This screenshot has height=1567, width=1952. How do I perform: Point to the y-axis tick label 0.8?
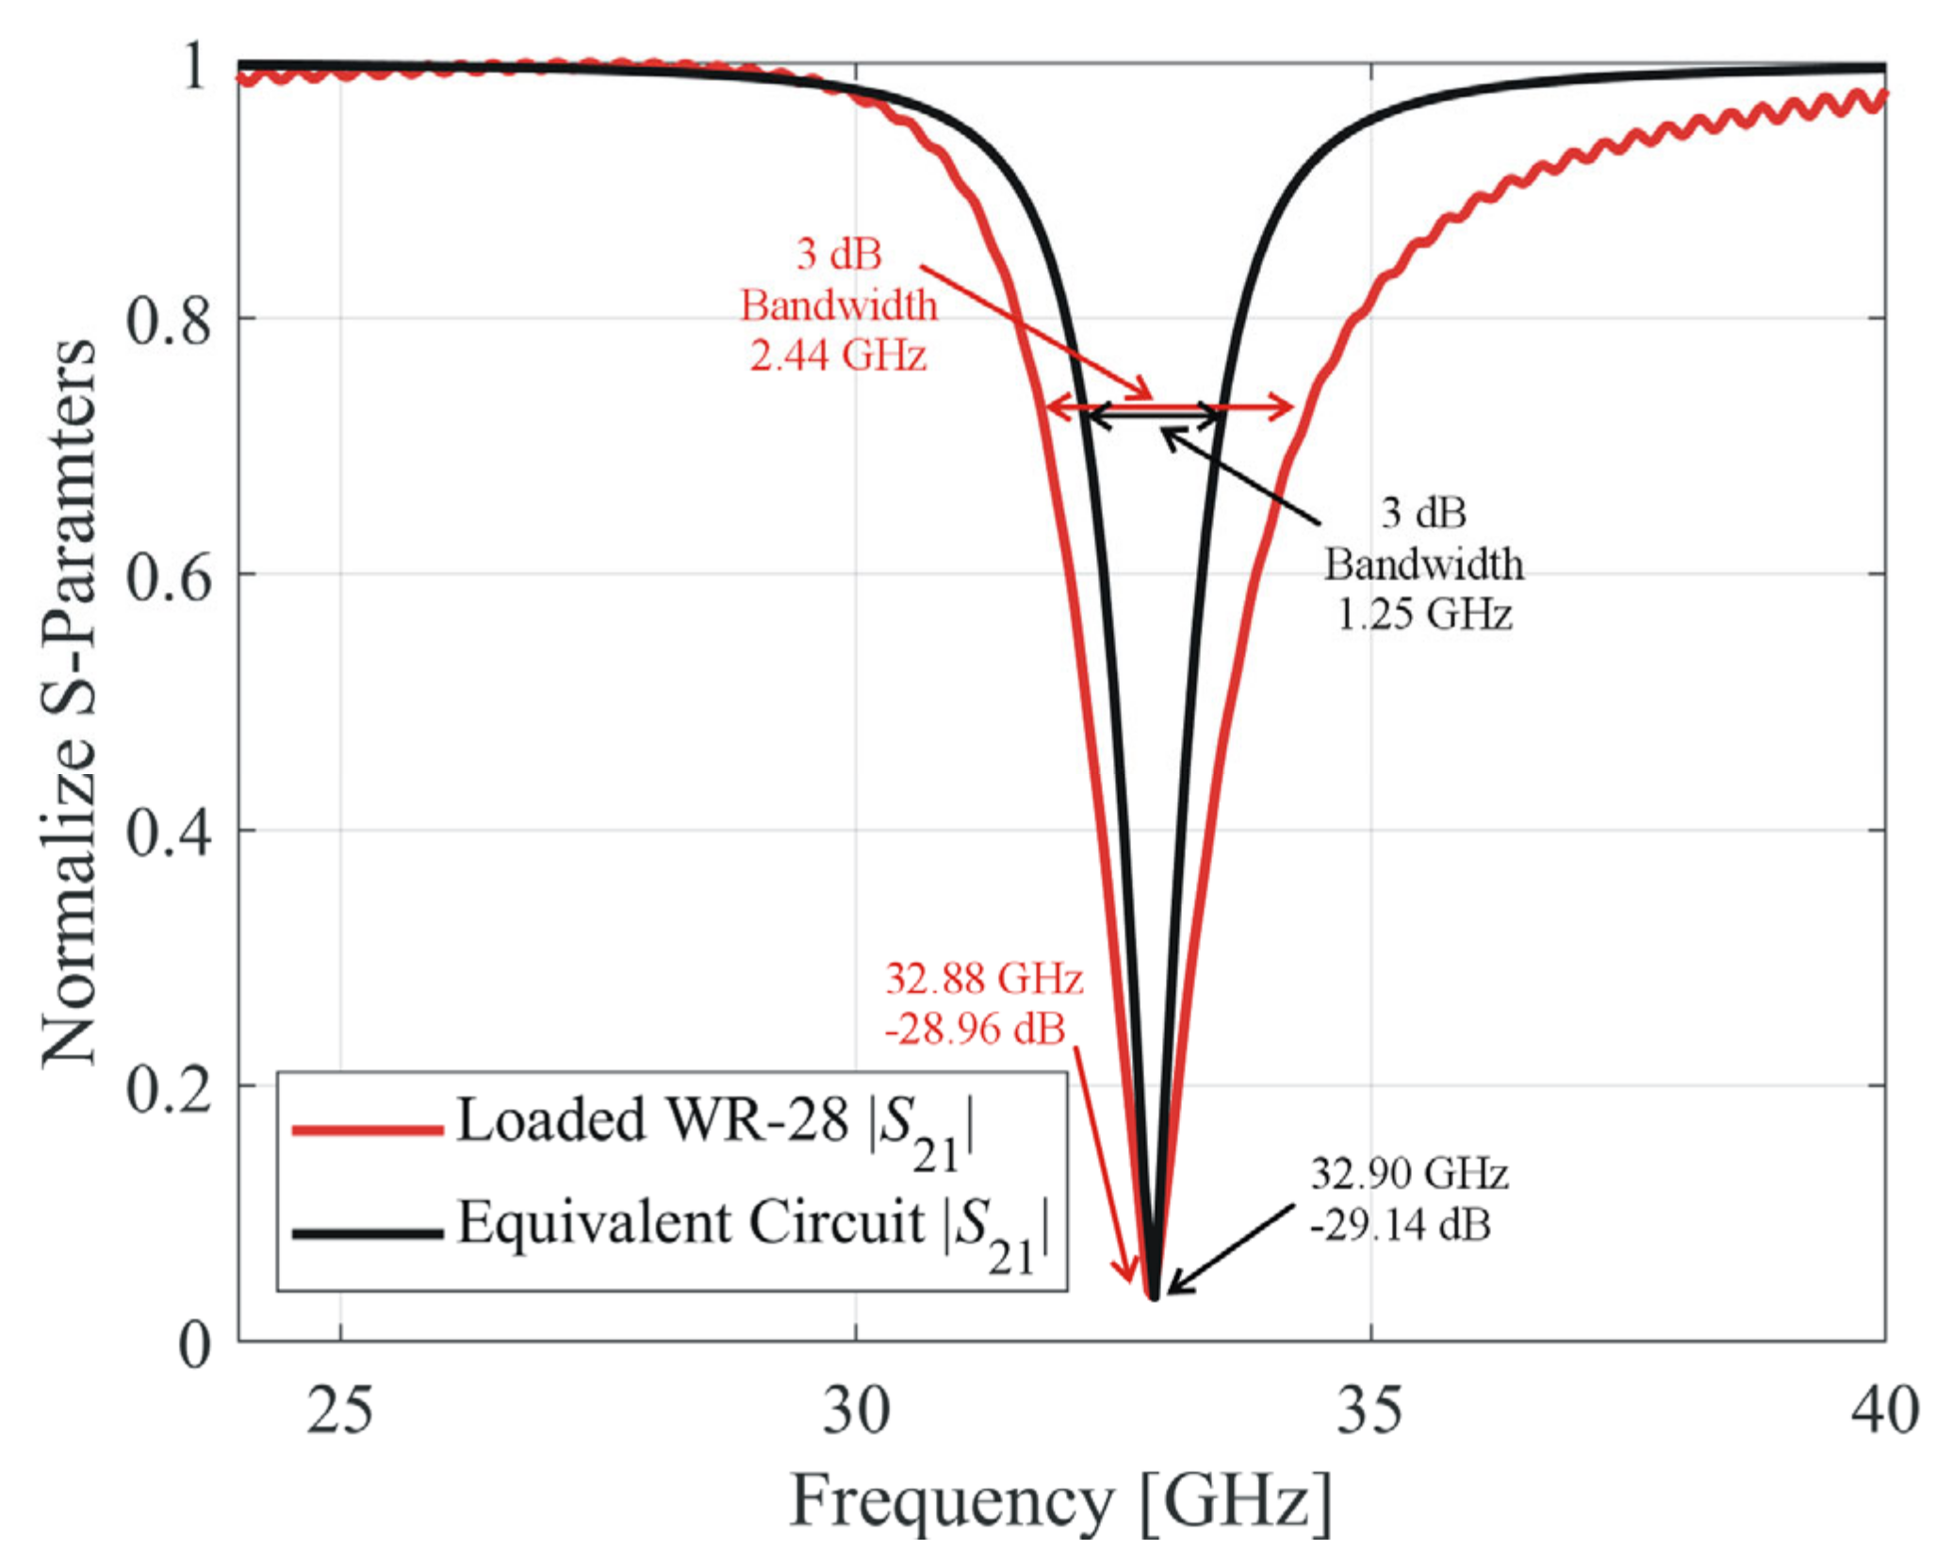tap(169, 321)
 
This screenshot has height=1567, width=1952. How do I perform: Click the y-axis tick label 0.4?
tap(169, 833)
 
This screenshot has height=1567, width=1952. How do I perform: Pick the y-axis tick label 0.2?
tap(169, 1089)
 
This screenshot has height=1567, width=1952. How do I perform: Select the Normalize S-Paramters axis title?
tap(69, 702)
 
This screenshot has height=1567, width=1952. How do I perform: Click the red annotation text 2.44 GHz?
tap(838, 355)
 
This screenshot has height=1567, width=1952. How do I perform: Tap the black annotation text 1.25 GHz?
tap(1424, 615)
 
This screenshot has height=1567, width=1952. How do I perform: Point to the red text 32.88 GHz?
tap(983, 980)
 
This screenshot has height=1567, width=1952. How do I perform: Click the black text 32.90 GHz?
tap(1409, 1175)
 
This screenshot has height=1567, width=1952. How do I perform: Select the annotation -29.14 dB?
tap(1400, 1226)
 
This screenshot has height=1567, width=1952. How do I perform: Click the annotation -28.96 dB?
tap(975, 1030)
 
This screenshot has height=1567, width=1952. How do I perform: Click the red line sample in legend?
tap(368, 1130)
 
